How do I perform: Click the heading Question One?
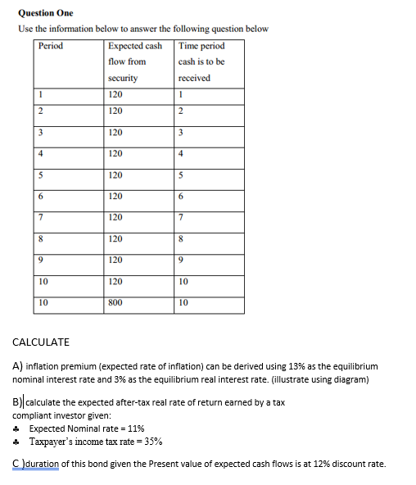click(x=45, y=12)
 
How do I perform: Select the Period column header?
click(x=51, y=46)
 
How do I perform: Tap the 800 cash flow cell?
click(x=115, y=302)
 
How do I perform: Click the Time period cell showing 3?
click(x=182, y=132)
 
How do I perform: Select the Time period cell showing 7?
click(x=182, y=217)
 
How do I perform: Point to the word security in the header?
click(x=123, y=78)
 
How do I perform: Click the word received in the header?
click(x=194, y=78)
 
